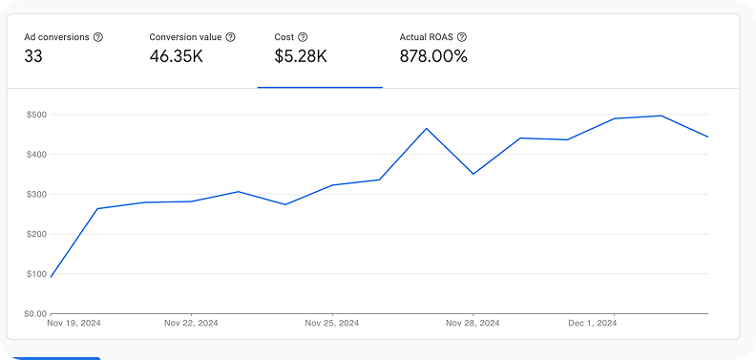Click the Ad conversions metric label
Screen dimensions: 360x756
pos(56,37)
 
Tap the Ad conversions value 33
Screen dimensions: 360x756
pos(33,56)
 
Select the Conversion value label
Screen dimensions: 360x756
pos(185,37)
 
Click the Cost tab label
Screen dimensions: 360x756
pos(284,37)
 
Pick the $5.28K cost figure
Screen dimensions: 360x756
pos(301,56)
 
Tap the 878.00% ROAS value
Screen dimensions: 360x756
pos(433,56)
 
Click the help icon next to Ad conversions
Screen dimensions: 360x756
pos(98,37)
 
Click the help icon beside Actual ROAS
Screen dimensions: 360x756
pos(462,37)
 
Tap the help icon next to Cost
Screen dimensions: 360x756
pos(303,37)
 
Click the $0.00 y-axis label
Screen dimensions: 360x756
pos(36,313)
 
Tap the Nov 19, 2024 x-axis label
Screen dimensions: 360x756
pos(73,324)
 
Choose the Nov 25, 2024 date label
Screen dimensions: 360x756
pos(331,324)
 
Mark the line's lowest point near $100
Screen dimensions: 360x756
pos(51,277)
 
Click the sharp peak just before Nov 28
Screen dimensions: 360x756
pos(427,128)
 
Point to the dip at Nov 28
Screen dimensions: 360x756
pos(473,174)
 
